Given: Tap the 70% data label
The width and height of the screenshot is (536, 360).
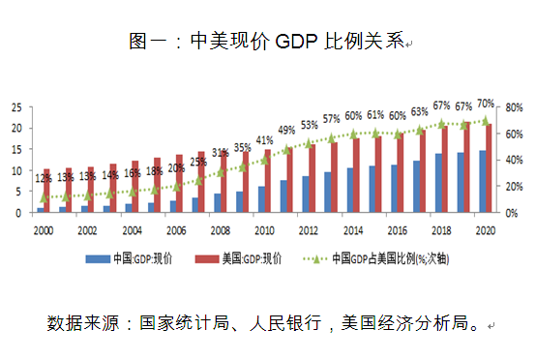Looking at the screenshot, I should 486,103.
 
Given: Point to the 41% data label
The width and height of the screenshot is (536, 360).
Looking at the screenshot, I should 264,141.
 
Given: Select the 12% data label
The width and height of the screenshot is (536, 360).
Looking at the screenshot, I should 44,178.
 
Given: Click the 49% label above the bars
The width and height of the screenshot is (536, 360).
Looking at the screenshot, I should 286,130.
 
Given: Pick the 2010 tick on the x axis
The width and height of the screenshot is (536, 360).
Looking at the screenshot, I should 262,231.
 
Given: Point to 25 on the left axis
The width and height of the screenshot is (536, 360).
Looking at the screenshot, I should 16,107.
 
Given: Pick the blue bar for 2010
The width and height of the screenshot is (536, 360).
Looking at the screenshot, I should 261,199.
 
